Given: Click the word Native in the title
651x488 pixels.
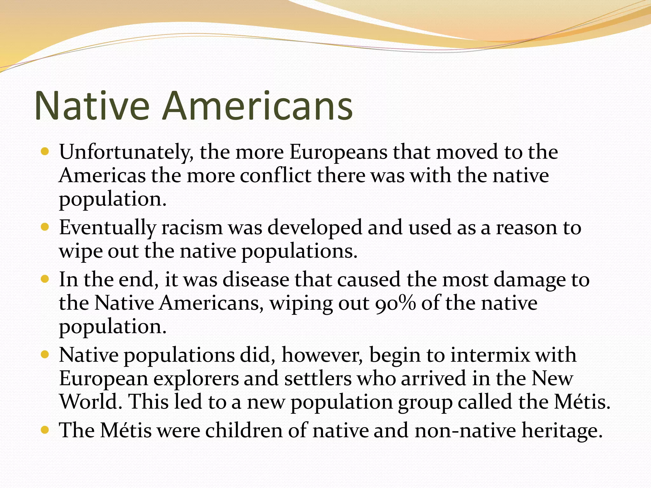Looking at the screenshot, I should [x=92, y=105].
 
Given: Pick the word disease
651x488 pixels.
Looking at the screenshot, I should [x=256, y=280].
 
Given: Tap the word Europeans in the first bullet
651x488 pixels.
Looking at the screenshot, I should [x=338, y=152].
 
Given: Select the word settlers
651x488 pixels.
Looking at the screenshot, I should [x=318, y=379].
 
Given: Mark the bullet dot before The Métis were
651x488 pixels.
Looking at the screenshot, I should [x=45, y=430].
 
